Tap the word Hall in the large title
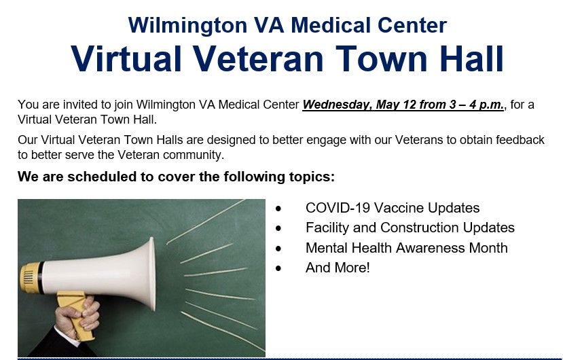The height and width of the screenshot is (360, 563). pyautogui.click(x=471, y=59)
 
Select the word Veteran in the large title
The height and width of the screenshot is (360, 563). pyautogui.click(x=259, y=59)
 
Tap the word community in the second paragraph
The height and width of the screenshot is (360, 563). pyautogui.click(x=192, y=155)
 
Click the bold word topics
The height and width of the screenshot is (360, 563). pyautogui.click(x=312, y=177)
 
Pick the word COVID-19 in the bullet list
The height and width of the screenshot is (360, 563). pyautogui.click(x=338, y=208)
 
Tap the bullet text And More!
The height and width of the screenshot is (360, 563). pyautogui.click(x=338, y=268)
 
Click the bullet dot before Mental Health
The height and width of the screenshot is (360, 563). pyautogui.click(x=278, y=248)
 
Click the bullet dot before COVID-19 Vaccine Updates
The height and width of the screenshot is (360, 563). pyautogui.click(x=278, y=208)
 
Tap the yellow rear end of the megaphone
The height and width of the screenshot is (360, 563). pyautogui.click(x=31, y=277)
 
